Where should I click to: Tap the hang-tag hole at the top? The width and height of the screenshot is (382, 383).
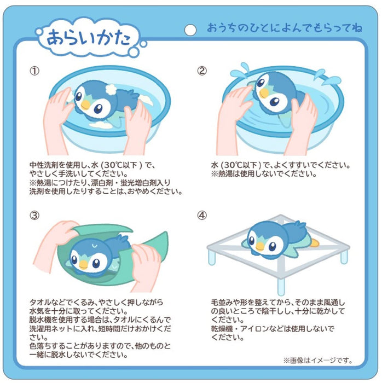[x=190, y=30]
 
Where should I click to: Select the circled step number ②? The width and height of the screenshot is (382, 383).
[x=202, y=71]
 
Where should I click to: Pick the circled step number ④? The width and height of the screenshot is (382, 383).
[x=202, y=215]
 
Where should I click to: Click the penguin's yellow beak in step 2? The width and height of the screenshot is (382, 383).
[x=265, y=92]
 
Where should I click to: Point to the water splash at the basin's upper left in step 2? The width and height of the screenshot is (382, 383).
[x=240, y=71]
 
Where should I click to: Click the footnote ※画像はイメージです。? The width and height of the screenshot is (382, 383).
[x=317, y=361]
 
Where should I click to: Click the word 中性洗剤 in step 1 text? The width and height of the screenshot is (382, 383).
[x=44, y=165]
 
